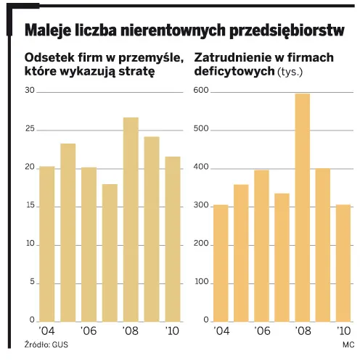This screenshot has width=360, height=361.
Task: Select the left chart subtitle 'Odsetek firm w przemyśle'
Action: (x=102, y=57)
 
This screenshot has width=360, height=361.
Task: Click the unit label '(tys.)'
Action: (x=290, y=72)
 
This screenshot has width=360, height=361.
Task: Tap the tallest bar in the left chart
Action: (x=131, y=219)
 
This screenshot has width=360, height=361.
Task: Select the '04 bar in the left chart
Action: (x=46, y=244)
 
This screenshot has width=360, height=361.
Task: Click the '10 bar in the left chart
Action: (x=173, y=238)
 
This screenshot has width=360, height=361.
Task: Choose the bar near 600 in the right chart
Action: (x=302, y=207)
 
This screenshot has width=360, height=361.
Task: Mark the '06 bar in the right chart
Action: (x=261, y=246)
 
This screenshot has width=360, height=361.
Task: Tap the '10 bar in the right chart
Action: (x=343, y=263)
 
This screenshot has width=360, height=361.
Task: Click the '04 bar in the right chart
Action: (x=221, y=263)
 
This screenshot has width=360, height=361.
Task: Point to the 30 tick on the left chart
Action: (x=30, y=91)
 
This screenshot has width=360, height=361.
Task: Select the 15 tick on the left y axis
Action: (x=30, y=206)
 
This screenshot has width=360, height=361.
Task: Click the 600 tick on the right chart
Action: (x=200, y=91)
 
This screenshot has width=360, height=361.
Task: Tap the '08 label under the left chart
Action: (x=131, y=331)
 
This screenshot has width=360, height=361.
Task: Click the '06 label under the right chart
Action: (x=261, y=331)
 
